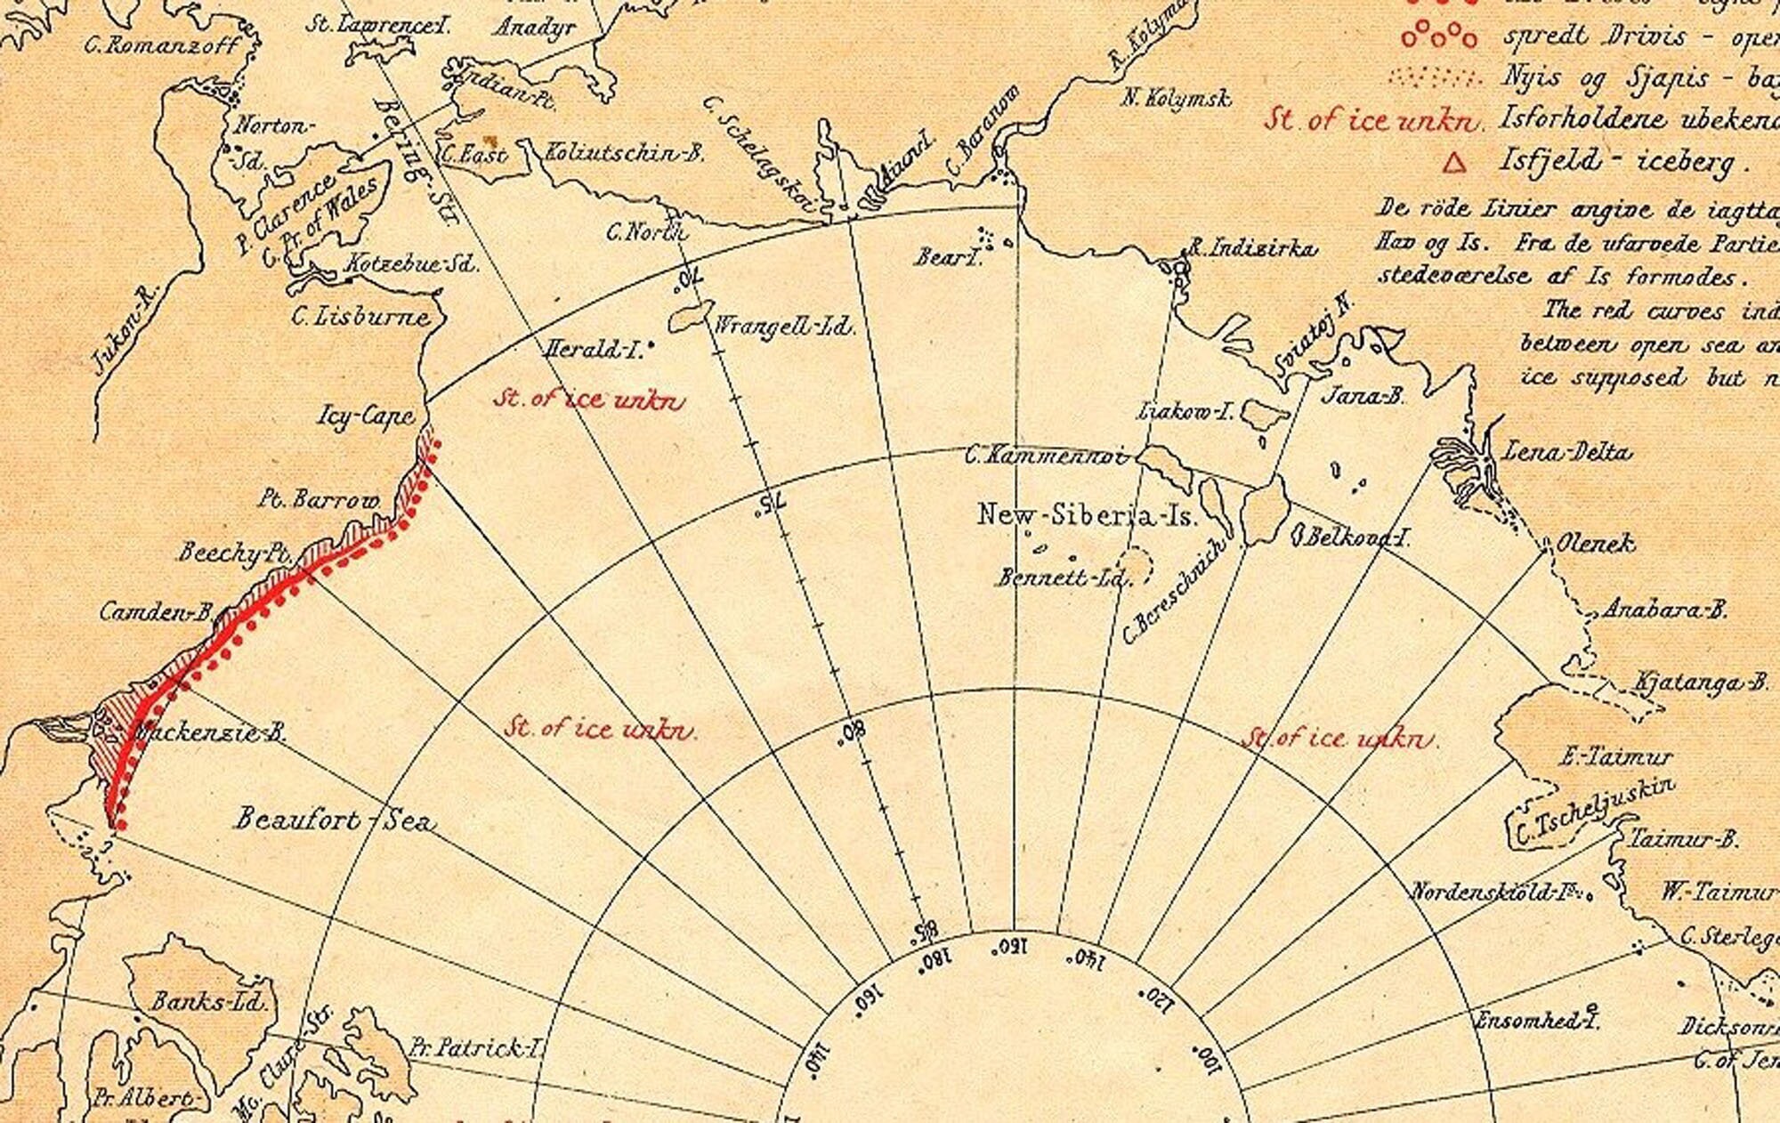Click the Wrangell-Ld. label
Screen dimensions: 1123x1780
(783, 326)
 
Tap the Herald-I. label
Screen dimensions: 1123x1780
(593, 350)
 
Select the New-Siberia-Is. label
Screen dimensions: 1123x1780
(1088, 515)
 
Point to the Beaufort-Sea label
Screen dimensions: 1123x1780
(335, 820)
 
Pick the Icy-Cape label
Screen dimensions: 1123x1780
(366, 416)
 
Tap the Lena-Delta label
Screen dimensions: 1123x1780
(1567, 452)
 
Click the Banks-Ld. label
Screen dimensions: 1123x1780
(208, 1002)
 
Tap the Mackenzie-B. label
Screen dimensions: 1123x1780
(207, 734)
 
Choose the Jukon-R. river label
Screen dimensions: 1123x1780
(124, 330)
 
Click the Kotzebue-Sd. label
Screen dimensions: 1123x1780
(410, 264)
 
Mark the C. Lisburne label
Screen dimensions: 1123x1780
(360, 317)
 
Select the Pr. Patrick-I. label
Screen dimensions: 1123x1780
(476, 1048)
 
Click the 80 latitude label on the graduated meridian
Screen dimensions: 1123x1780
(853, 732)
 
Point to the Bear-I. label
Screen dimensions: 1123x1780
(948, 257)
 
